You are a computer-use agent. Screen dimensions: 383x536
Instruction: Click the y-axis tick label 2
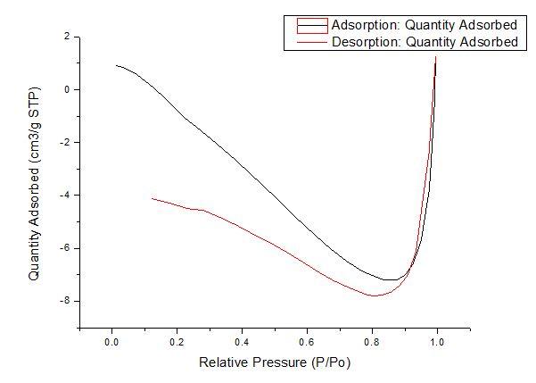pyautogui.click(x=66, y=37)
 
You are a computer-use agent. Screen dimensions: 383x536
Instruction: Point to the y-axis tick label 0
pyautogui.click(x=66, y=89)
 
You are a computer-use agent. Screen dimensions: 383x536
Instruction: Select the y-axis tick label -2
pyautogui.click(x=64, y=142)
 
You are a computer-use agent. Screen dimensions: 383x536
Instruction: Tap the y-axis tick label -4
pyautogui.click(x=64, y=195)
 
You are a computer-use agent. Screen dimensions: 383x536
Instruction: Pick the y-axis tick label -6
pyautogui.click(x=64, y=247)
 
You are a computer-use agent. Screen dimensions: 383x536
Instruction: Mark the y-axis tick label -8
pyautogui.click(x=64, y=301)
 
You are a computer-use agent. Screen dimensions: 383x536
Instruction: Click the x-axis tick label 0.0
pyautogui.click(x=112, y=341)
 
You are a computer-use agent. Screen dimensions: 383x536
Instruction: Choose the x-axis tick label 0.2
pyautogui.click(x=177, y=341)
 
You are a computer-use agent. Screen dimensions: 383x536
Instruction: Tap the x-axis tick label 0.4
pyautogui.click(x=242, y=341)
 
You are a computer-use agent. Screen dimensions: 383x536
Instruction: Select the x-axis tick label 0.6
pyautogui.click(x=307, y=341)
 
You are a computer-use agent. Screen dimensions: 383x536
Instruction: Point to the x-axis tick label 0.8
pyautogui.click(x=372, y=341)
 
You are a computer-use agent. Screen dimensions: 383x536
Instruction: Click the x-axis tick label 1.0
pyautogui.click(x=437, y=341)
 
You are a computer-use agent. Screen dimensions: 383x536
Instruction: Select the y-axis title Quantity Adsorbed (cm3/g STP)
pyautogui.click(x=34, y=183)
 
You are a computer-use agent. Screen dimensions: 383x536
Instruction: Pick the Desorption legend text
pyautogui.click(x=424, y=41)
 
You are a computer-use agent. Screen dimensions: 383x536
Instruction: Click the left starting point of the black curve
pyautogui.click(x=116, y=65)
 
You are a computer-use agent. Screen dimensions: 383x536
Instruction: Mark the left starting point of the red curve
pyautogui.click(x=153, y=198)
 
